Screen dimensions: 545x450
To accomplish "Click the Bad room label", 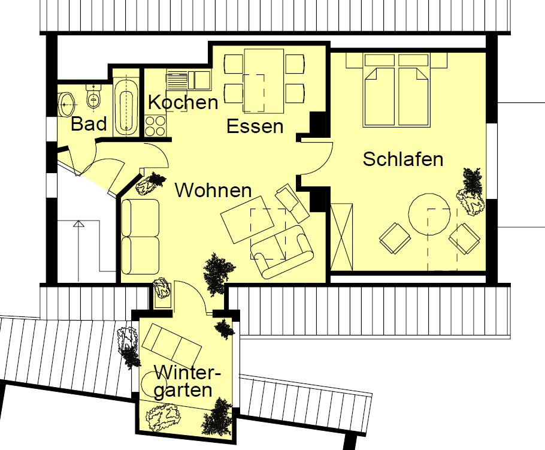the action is pyautogui.click(x=89, y=124).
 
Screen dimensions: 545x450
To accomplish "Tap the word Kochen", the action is pyautogui.click(x=183, y=102).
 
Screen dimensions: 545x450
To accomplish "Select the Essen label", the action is pyautogui.click(x=255, y=126).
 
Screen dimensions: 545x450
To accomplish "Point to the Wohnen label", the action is pyautogui.click(x=213, y=190).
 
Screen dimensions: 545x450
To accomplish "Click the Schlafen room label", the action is pyautogui.click(x=403, y=159).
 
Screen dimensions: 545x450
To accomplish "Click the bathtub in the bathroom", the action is pyautogui.click(x=126, y=107).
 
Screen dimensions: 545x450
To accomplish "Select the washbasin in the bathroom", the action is pyautogui.click(x=66, y=104).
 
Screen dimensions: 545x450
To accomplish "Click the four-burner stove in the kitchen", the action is pyautogui.click(x=155, y=126).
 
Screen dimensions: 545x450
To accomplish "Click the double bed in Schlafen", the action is pyautogui.click(x=396, y=89).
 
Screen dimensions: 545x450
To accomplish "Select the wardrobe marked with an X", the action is pyautogui.click(x=341, y=237).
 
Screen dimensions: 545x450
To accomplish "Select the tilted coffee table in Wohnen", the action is pyautogui.click(x=247, y=220).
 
